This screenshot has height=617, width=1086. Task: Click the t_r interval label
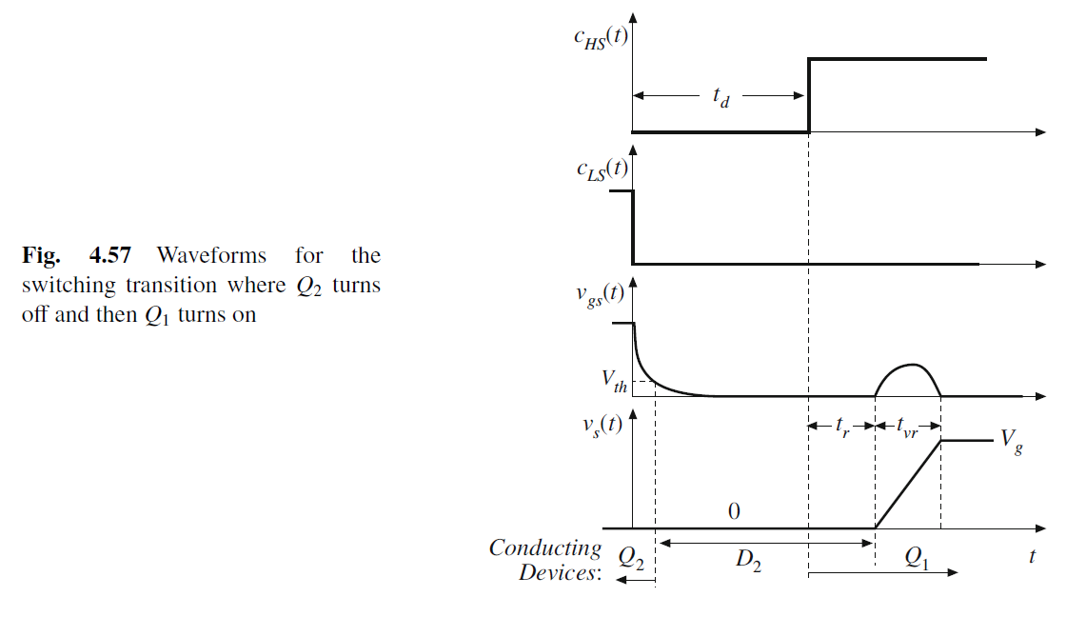click(842, 428)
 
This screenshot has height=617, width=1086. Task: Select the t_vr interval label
click(908, 428)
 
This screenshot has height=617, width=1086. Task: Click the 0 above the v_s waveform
click(733, 512)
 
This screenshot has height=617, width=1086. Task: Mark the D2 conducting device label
click(747, 562)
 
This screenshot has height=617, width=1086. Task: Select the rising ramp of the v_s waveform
click(907, 484)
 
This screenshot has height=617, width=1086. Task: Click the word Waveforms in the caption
click(211, 255)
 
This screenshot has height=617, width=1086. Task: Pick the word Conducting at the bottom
click(544, 548)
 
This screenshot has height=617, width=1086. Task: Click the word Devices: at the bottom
click(560, 573)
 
